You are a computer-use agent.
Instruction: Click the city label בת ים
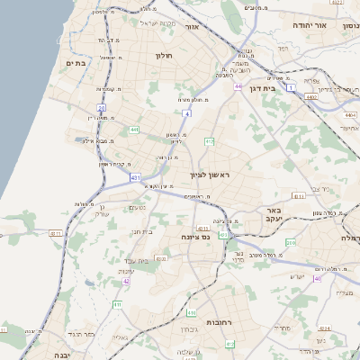75,63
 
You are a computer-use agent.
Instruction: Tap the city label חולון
164,57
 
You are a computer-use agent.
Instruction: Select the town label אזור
191,27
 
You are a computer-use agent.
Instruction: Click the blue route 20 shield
102,107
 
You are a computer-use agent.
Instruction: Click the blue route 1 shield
291,86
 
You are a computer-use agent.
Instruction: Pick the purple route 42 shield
126,281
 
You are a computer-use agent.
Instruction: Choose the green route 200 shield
290,244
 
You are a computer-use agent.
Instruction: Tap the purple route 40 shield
317,278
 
